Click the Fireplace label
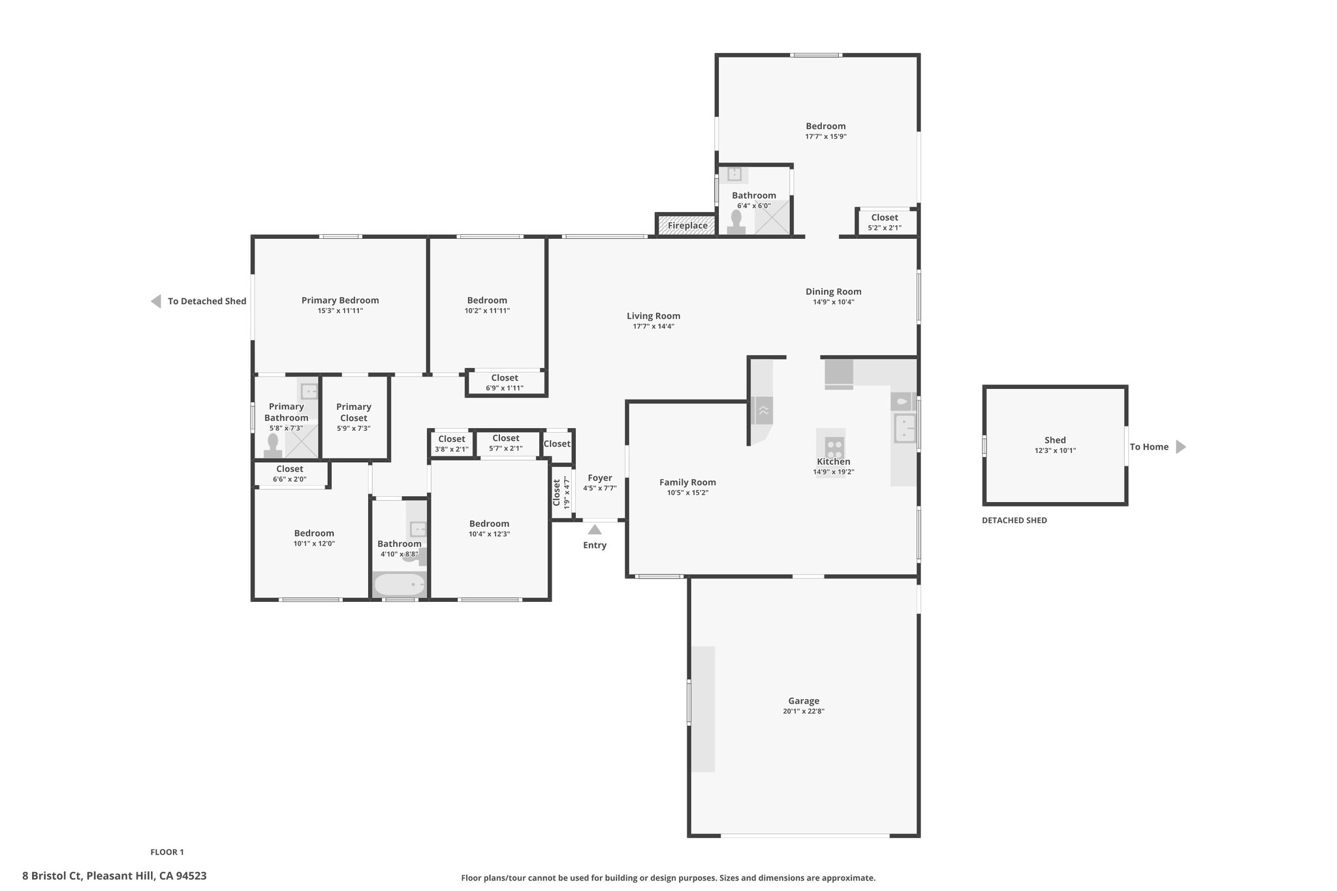point(687,226)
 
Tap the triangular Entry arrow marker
point(595,529)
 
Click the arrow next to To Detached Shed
point(156,302)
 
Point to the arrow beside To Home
point(1181,447)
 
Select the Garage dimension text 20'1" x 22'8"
point(804,711)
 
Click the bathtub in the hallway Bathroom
point(399,584)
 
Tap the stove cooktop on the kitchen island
point(834,448)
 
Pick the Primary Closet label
point(354,413)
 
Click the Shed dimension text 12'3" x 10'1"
point(1055,450)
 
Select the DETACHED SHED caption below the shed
point(1015,520)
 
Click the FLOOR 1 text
point(167,852)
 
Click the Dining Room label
point(834,292)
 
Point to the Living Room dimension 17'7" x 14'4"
point(653,326)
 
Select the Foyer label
point(600,478)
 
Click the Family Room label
point(687,482)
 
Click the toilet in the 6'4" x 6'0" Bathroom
point(737,222)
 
